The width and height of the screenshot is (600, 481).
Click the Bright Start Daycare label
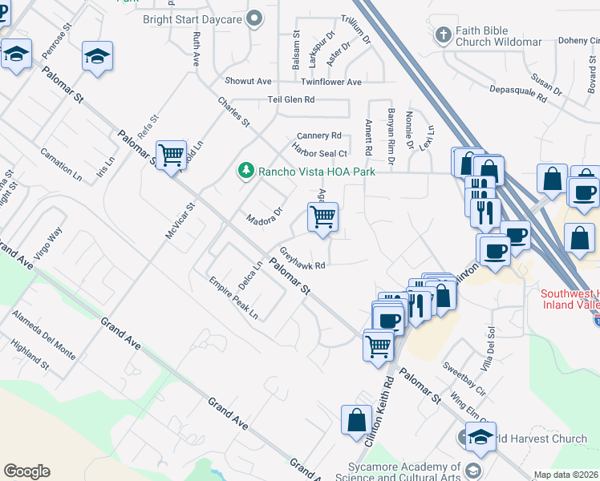click(193, 18)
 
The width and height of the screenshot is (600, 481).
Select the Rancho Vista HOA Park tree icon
click(245, 171)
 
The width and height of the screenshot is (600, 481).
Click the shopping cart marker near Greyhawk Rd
click(322, 216)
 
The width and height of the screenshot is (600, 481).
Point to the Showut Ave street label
click(249, 82)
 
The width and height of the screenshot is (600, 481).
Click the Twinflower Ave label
click(331, 82)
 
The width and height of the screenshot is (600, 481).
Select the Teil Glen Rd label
click(291, 99)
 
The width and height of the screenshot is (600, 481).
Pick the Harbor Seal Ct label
click(320, 153)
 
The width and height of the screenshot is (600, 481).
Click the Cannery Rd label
click(318, 135)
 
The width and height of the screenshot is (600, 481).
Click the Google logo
click(26, 471)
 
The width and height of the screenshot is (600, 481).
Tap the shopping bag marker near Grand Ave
click(356, 419)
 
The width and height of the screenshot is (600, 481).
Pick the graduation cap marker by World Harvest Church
click(480, 436)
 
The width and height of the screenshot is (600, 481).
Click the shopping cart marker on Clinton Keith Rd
click(378, 346)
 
